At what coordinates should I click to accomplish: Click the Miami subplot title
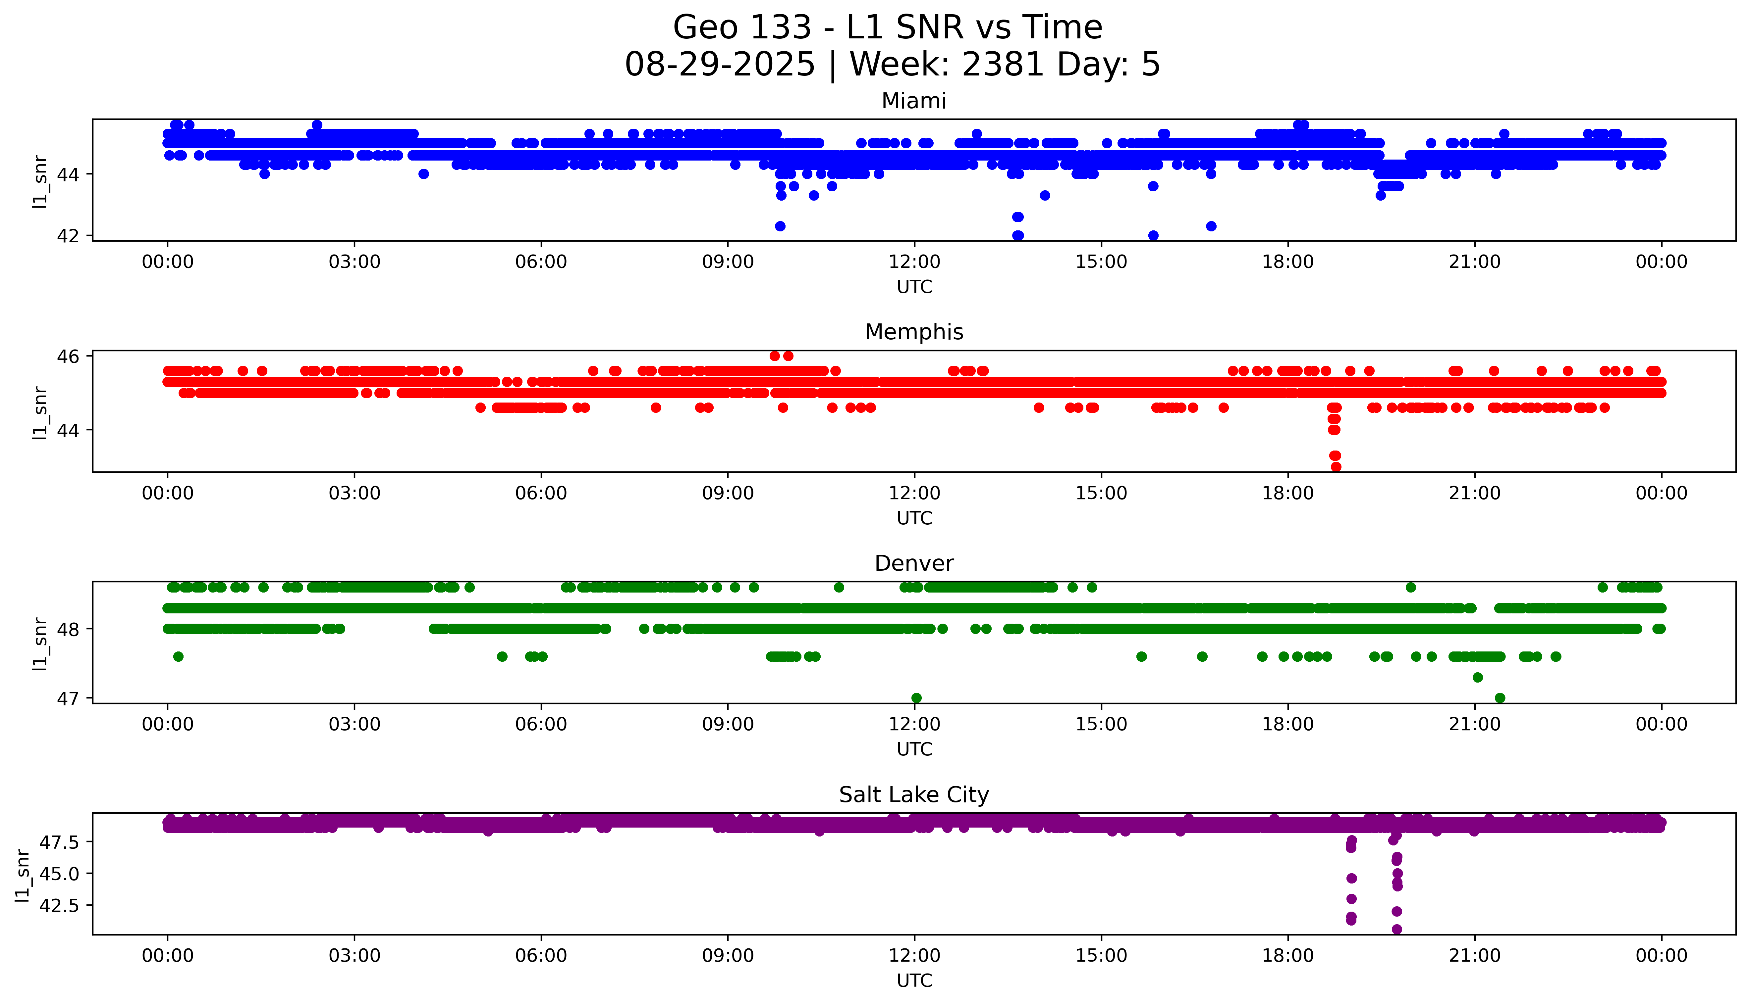click(x=913, y=101)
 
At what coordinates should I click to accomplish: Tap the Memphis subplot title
click(x=913, y=332)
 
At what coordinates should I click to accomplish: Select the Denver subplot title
click(x=913, y=563)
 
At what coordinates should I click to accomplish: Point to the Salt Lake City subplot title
click(x=913, y=795)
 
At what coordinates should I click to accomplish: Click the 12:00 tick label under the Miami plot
click(x=914, y=262)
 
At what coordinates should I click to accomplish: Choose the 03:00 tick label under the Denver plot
click(x=355, y=725)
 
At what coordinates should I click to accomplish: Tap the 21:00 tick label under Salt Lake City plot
click(x=1474, y=956)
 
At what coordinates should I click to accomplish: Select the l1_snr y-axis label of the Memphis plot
click(x=40, y=412)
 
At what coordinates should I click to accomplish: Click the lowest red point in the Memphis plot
click(x=1336, y=467)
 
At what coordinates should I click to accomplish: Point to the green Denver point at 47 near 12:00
click(x=916, y=698)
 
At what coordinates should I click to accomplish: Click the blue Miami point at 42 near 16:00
click(x=1153, y=235)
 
